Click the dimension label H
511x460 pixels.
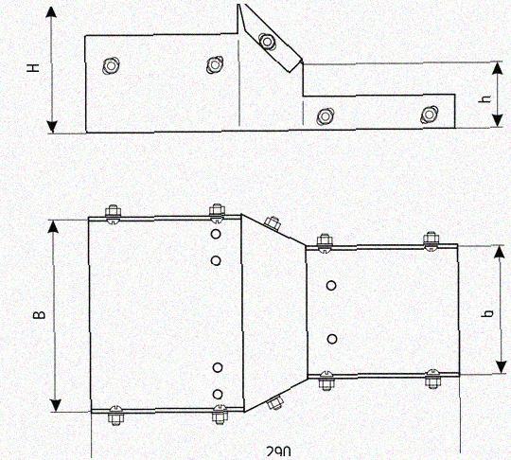click(33, 68)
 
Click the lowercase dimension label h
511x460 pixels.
click(485, 98)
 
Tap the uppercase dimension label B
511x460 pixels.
click(40, 314)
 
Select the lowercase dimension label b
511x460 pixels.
click(488, 313)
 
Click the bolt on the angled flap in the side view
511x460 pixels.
click(267, 42)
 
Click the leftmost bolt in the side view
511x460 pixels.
click(111, 66)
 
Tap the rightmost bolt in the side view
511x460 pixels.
click(429, 115)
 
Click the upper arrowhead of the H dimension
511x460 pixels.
click(51, 11)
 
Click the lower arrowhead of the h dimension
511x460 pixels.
click(497, 120)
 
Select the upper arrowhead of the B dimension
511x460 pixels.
click(54, 226)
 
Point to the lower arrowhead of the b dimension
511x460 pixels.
click(500, 366)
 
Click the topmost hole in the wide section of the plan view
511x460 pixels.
click(216, 234)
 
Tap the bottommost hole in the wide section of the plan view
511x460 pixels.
click(218, 395)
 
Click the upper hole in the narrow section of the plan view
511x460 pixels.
click(331, 286)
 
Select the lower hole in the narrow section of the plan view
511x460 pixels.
click(332, 339)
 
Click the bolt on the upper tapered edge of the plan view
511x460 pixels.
click(272, 223)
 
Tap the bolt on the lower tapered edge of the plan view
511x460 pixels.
click(274, 403)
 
